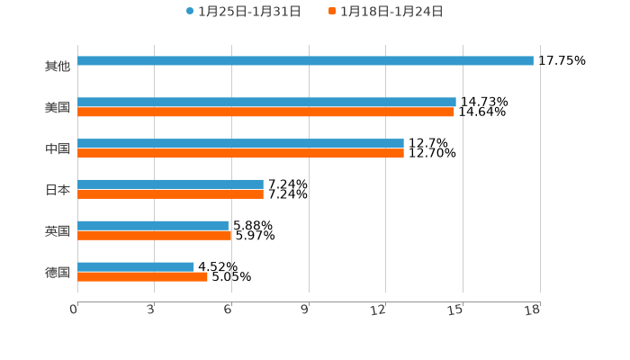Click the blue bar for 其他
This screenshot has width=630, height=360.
(x=305, y=61)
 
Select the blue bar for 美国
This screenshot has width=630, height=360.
(x=266, y=103)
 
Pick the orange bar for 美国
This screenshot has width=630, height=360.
(x=265, y=112)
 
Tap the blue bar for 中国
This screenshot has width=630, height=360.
(x=240, y=144)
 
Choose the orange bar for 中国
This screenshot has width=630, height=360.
(x=240, y=154)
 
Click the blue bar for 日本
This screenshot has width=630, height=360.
(x=170, y=184)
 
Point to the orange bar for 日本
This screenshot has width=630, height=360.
(x=170, y=194)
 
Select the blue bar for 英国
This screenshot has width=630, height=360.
(x=153, y=226)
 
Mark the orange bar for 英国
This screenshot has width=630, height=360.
(x=154, y=236)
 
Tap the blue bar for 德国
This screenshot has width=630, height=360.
(x=136, y=266)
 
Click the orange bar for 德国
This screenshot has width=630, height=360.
(x=142, y=277)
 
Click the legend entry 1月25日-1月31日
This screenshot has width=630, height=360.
(x=244, y=12)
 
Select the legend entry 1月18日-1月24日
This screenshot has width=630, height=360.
(x=386, y=12)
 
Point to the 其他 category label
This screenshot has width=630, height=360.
(x=58, y=67)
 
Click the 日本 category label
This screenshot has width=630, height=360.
(x=58, y=190)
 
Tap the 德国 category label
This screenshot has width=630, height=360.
(x=58, y=272)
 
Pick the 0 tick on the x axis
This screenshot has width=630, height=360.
(x=74, y=310)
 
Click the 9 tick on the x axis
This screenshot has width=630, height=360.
(x=305, y=310)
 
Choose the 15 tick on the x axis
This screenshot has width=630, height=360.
(x=456, y=310)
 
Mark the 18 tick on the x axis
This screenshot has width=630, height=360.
(x=533, y=310)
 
